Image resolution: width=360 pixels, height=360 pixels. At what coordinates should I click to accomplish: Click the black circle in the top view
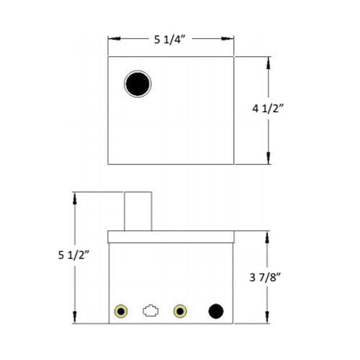138,84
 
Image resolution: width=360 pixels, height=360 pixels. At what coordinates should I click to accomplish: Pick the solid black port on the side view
215,312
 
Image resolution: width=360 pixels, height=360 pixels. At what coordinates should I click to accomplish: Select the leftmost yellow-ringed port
121,312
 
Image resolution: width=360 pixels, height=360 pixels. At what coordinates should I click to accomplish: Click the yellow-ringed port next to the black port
180,312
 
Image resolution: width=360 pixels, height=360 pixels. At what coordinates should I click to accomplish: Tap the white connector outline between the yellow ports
150,312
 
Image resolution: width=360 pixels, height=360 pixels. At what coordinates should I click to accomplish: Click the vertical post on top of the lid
138,211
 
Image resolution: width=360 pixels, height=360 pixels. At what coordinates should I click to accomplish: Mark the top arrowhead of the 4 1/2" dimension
269,59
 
